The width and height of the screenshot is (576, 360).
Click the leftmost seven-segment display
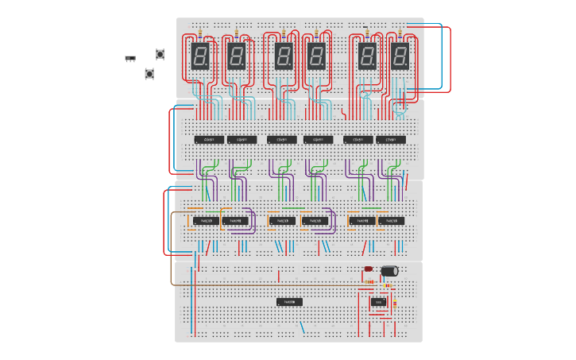(x=200, y=56)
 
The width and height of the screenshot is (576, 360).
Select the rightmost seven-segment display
(x=400, y=56)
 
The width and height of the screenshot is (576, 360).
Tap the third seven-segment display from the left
(x=284, y=56)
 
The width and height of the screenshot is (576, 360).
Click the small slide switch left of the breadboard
(x=130, y=59)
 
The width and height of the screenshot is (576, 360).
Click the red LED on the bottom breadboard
(x=369, y=269)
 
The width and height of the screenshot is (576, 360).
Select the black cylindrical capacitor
(x=389, y=271)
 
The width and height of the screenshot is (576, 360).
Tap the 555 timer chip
(x=379, y=302)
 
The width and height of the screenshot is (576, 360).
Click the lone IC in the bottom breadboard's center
(x=289, y=302)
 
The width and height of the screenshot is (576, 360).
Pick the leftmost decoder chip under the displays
(x=209, y=140)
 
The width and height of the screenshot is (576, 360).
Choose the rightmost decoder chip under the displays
(x=391, y=140)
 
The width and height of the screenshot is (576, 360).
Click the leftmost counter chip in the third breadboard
(x=206, y=221)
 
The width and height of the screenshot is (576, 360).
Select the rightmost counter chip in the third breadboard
(x=391, y=221)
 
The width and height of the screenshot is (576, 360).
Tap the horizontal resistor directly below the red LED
(x=369, y=281)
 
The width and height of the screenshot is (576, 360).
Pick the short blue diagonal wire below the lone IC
(x=302, y=327)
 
